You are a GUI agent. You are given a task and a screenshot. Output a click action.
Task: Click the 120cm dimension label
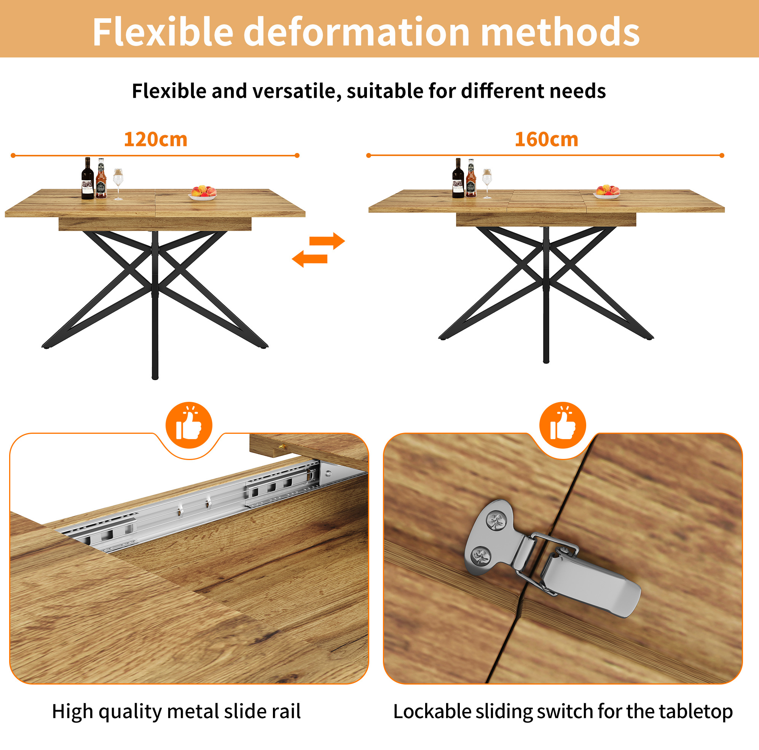point(156,139)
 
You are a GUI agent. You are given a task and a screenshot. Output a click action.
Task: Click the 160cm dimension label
point(547,139)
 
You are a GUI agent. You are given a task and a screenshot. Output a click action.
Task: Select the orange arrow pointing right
point(327,241)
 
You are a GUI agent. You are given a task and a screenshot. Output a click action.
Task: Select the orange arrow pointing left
point(309,259)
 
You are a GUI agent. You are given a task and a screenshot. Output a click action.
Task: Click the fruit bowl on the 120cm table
point(203,193)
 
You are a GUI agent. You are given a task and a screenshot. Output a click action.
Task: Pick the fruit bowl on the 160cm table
point(608,192)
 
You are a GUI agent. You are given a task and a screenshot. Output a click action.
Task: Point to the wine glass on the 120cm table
point(118,184)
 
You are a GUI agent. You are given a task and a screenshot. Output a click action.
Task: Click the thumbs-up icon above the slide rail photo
point(189,425)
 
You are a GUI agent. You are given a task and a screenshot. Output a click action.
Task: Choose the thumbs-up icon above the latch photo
point(563,425)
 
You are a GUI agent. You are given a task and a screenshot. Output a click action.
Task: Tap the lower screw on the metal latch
point(481,556)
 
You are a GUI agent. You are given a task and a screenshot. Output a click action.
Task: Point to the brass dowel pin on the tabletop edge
point(282,447)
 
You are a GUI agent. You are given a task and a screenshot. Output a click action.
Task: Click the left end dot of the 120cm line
point(13,156)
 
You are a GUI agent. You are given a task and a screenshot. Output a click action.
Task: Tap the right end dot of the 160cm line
point(722,156)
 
